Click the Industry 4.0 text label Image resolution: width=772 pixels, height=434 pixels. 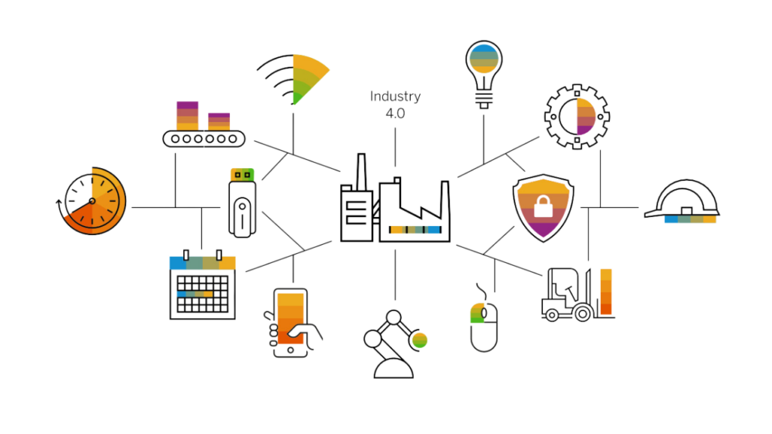click(x=394, y=104)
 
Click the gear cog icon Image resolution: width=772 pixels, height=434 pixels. click(x=577, y=117)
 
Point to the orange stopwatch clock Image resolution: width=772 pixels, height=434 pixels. click(x=93, y=201)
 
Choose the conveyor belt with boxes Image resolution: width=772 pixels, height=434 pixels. click(x=204, y=125)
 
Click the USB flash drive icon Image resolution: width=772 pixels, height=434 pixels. click(x=243, y=202)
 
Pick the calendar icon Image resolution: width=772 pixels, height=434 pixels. click(x=202, y=286)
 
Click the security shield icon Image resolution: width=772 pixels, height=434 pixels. click(x=543, y=207)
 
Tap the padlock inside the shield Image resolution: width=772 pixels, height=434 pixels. click(x=543, y=204)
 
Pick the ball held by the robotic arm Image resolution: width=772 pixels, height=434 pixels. click(x=419, y=339)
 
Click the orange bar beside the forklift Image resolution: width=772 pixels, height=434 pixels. click(x=606, y=292)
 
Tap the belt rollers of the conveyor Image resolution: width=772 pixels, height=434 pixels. click(x=204, y=139)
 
